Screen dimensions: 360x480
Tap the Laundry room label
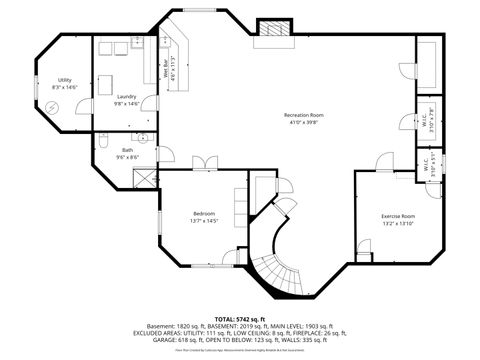pos(125,97)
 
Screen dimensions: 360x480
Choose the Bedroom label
pos(204,213)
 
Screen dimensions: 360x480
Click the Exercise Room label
pos(398,215)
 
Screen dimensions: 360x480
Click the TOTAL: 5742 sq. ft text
pos(240,317)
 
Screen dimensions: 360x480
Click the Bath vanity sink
pos(143,138)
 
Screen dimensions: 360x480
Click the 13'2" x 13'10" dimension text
pos(398,222)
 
